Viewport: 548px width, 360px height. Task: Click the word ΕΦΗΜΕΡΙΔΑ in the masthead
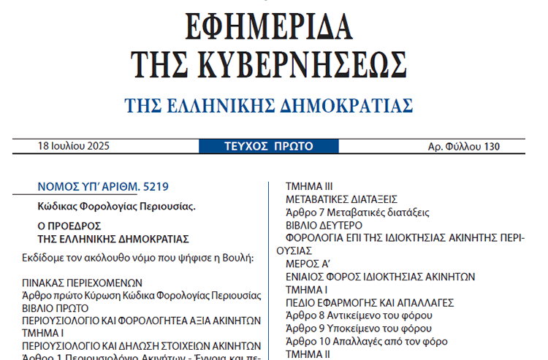point(270,27)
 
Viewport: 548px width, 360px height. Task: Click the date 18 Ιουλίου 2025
point(73,146)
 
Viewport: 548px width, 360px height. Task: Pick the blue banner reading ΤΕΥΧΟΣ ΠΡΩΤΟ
point(269,146)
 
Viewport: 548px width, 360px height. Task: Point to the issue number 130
point(491,147)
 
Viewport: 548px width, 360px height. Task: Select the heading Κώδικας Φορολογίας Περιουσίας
point(116,207)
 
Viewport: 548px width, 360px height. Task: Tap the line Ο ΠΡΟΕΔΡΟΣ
point(69,226)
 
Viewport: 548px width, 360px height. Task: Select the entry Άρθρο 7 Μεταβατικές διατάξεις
point(357,212)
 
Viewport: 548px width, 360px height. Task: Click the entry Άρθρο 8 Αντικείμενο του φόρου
point(353,315)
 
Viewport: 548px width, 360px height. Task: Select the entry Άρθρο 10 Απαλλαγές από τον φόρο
point(366,341)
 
